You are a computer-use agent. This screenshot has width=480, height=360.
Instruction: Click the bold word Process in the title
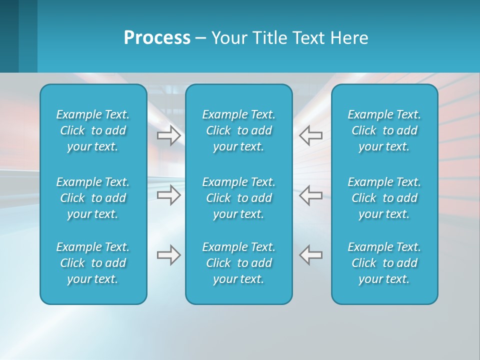[157, 38]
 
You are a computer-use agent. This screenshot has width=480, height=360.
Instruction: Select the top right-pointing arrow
[169, 135]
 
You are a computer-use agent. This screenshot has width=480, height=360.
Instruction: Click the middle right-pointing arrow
[169, 195]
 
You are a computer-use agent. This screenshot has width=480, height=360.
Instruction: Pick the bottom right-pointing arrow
[169, 255]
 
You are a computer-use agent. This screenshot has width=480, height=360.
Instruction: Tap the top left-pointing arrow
[311, 135]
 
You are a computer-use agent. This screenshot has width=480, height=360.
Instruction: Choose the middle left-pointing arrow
[311, 195]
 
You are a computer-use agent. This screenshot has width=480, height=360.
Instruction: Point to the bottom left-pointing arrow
[311, 255]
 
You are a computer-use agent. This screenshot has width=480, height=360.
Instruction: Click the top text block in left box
[93, 130]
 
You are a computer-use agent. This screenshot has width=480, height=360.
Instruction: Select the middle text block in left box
[93, 198]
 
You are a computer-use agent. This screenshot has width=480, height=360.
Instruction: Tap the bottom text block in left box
[93, 263]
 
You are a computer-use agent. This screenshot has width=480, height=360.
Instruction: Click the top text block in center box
[238, 130]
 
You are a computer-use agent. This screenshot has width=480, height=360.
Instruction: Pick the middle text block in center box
[238, 198]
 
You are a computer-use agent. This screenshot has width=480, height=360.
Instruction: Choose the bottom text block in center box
[238, 263]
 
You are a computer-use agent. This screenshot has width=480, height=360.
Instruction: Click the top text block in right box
[384, 130]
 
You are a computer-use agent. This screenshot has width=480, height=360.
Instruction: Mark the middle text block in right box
[384, 198]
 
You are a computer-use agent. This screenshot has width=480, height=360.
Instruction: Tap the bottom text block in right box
[384, 263]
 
